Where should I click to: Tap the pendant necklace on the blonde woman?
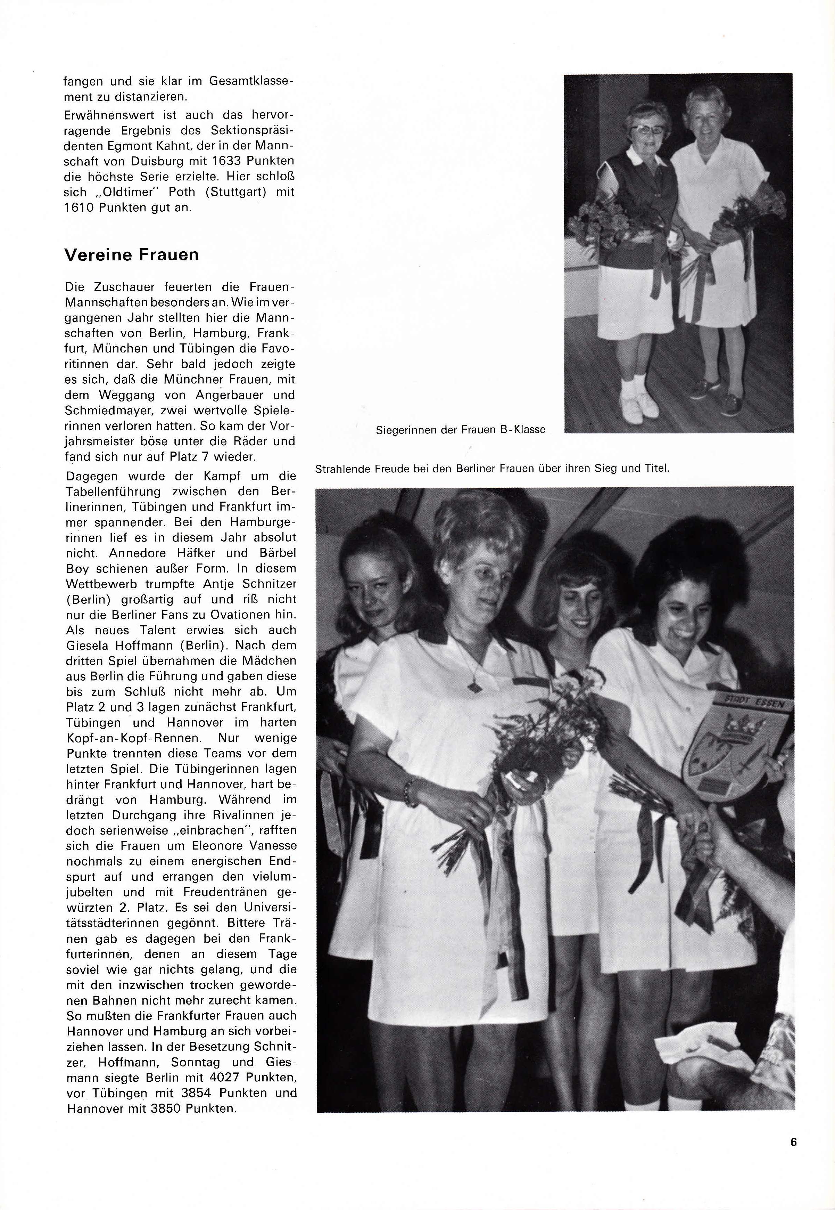474,687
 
